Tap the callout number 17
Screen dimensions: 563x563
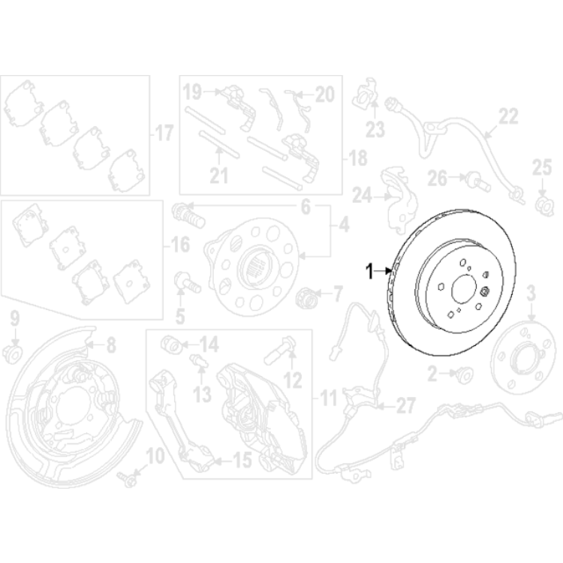click(163, 134)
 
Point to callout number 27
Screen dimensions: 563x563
click(405, 407)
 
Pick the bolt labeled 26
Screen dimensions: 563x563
click(475, 179)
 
